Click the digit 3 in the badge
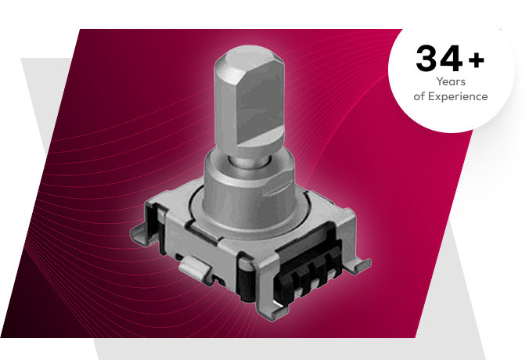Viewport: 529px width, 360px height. (427, 59)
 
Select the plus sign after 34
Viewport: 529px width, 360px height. (477, 60)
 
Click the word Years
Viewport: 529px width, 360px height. (451, 81)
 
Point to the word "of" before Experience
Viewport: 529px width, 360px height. (419, 96)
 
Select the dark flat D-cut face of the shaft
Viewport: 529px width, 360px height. (260, 107)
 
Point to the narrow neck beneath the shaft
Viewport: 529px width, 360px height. (248, 161)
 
